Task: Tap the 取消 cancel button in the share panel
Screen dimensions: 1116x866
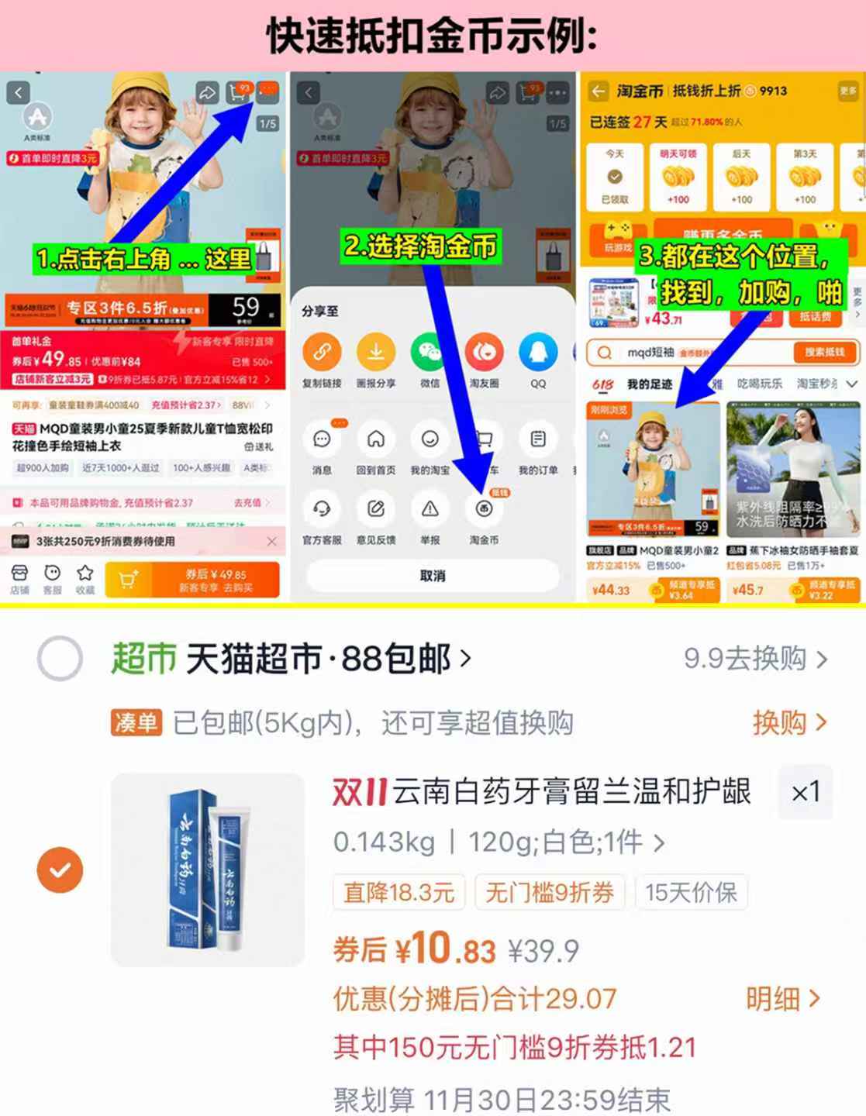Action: pos(432,576)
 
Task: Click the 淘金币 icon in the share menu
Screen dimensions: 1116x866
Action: pos(484,509)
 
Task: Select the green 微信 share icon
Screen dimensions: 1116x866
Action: pos(430,353)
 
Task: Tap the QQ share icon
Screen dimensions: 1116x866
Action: pos(538,353)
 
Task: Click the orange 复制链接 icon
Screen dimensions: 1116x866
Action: pos(322,353)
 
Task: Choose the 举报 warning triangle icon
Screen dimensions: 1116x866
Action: pos(430,509)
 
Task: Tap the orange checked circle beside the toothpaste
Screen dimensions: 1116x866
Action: pos(60,870)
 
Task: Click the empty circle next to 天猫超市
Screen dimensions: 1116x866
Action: pos(60,659)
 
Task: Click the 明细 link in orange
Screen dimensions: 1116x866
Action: pos(781,999)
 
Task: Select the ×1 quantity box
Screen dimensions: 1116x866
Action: pos(806,792)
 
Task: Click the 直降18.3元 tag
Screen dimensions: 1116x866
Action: pos(398,893)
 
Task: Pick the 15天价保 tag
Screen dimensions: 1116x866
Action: pos(691,893)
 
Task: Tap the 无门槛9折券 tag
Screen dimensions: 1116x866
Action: pos(549,893)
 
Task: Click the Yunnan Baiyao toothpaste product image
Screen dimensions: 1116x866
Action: pos(208,870)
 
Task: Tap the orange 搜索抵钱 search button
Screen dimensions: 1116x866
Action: pos(824,353)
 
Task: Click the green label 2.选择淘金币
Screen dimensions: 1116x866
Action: pos(419,246)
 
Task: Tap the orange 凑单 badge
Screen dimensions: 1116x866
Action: pos(136,723)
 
